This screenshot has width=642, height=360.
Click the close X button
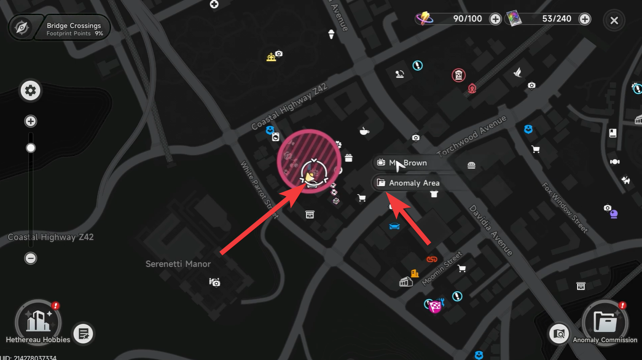pos(614,21)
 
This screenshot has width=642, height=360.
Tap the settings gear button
pos(31,90)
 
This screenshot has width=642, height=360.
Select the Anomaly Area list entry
pos(413,183)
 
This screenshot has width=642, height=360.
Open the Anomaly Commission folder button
pos(605,322)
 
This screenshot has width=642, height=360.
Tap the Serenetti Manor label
pos(178,264)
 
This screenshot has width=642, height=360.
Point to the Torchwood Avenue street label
pos(472,136)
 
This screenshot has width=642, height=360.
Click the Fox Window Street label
pos(565,207)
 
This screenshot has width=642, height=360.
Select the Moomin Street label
pos(442,268)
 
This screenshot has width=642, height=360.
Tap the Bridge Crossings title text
pos(74,25)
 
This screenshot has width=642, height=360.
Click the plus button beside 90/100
pos(495,19)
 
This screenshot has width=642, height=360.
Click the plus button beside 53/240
pos(584,19)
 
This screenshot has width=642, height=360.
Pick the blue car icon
pos(394,226)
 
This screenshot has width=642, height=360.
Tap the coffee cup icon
pos(364,131)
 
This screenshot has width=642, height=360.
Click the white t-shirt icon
pos(434,194)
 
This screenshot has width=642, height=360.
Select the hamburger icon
pos(472,166)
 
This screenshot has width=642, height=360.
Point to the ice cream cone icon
pos(331,34)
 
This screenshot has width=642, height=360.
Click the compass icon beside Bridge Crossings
pos(21,28)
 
